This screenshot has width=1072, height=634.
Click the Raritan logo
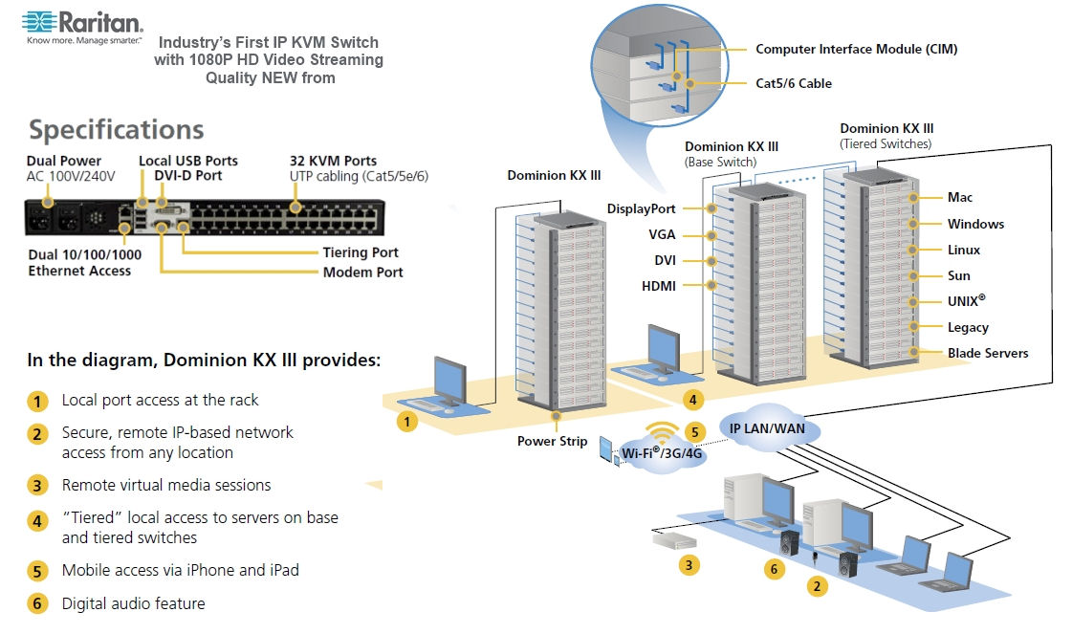[82, 27]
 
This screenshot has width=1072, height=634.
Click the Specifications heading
[117, 130]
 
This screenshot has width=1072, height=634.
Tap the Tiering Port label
[361, 252]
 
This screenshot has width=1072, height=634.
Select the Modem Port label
[363, 273]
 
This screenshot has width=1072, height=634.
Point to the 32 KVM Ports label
[333, 161]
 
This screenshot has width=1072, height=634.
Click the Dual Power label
[63, 161]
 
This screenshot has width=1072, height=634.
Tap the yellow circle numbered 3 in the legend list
[37, 486]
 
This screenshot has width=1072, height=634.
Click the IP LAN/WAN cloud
[767, 428]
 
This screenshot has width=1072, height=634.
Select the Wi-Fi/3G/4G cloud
[662, 452]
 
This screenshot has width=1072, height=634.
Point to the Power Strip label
[553, 441]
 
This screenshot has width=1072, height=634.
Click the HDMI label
[658, 286]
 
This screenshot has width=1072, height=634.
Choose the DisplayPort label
[642, 208]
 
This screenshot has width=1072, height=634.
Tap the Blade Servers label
[988, 353]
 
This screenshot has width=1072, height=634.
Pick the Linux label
[964, 250]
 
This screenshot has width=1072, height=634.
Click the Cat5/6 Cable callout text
[794, 83]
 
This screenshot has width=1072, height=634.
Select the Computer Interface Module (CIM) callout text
[857, 49]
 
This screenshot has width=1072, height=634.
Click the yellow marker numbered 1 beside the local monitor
[406, 422]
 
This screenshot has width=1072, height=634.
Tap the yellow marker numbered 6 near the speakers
[774, 569]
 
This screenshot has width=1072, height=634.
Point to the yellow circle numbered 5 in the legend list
[37, 571]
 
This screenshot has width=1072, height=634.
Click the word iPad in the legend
[284, 570]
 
